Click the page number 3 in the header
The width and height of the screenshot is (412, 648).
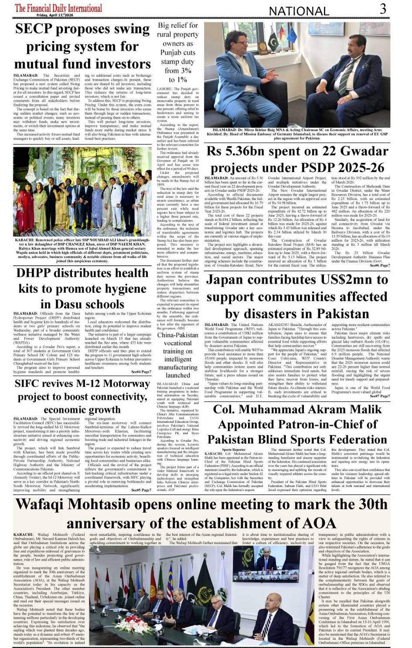coord(383,9)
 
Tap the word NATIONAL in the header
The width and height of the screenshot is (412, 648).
coord(299,11)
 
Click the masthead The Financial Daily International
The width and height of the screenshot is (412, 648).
coord(58,8)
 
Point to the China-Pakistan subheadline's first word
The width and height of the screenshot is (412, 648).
coord(177,335)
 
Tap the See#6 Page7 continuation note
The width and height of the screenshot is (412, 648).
coord(380,265)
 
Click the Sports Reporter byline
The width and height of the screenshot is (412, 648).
coord(233,449)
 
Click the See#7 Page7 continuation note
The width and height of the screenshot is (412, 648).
coord(380,396)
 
